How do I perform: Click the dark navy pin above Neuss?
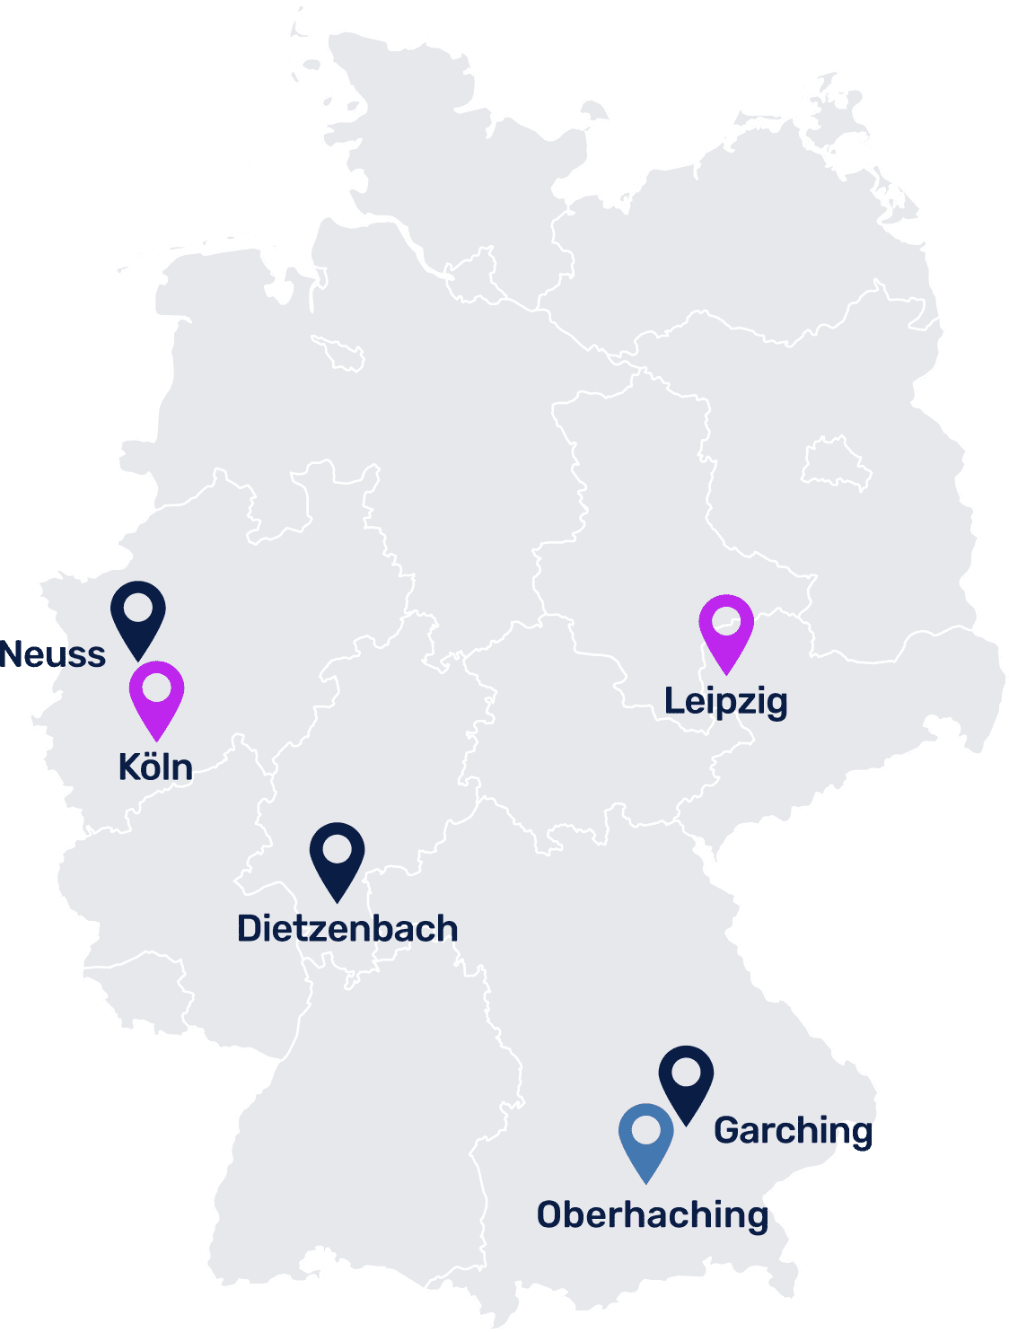[138, 615]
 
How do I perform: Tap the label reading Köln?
[155, 767]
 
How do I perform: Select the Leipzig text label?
[726, 701]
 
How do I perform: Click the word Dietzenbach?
[347, 929]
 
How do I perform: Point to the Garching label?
[793, 1131]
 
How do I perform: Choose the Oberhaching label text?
[653, 1215]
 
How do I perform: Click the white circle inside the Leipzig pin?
[726, 619]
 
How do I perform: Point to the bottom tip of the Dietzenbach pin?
[337, 900]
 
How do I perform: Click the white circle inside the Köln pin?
[157, 688]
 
